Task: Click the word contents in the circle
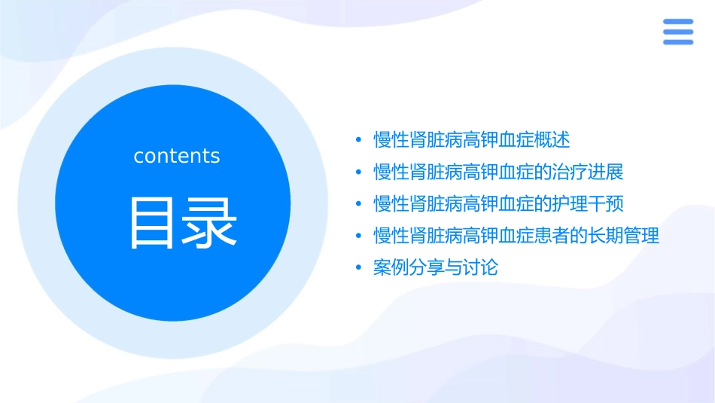[x=176, y=156]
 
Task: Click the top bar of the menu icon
[x=677, y=22]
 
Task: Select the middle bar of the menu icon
[x=677, y=32]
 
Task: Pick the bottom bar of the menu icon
[x=677, y=42]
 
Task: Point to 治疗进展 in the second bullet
[x=588, y=172]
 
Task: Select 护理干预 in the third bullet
[x=588, y=203]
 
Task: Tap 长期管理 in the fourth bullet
[x=623, y=236]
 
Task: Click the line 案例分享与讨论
[x=436, y=267]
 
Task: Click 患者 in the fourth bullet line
[x=552, y=236]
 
